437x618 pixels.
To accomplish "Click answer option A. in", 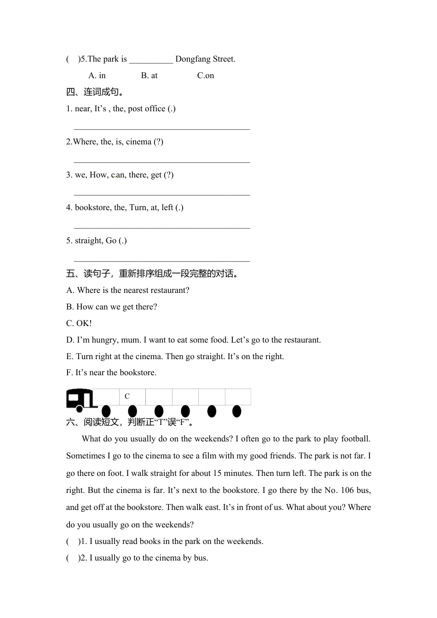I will tap(97, 75).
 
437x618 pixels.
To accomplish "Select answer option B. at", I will tap(149, 75).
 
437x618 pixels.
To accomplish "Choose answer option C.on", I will tap(205, 75).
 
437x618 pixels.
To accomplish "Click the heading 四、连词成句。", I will tap(95, 92).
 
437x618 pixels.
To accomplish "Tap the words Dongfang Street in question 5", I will tap(205, 59).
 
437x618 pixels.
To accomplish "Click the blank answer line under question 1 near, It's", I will tap(161, 129).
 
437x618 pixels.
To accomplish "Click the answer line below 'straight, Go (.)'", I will tap(161, 261).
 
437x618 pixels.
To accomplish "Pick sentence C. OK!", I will tap(79, 323).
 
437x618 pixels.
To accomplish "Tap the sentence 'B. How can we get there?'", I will tap(111, 307).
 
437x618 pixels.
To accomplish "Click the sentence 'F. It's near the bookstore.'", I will tap(111, 372).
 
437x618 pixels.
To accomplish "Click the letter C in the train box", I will tap(127, 396).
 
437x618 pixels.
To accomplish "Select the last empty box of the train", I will tap(238, 396).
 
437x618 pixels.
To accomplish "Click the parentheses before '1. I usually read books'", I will tap(73, 541).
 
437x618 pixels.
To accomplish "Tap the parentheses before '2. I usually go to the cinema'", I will tap(73, 558).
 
